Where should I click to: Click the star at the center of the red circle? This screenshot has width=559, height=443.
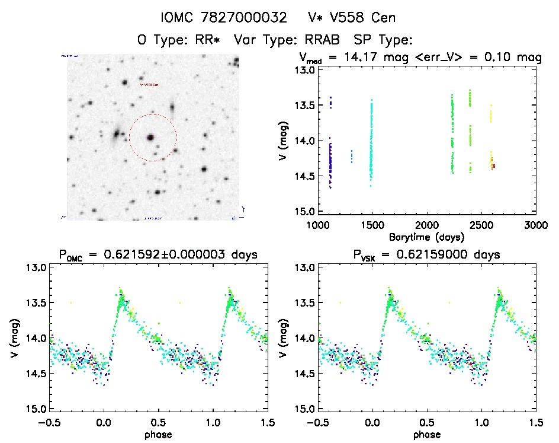(151, 138)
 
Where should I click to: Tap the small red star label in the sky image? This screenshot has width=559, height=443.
(149, 85)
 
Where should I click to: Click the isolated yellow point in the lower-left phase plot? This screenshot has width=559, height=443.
(71, 302)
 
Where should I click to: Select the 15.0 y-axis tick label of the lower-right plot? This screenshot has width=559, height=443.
(304, 409)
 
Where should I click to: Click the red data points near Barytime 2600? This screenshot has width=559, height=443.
(493, 166)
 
